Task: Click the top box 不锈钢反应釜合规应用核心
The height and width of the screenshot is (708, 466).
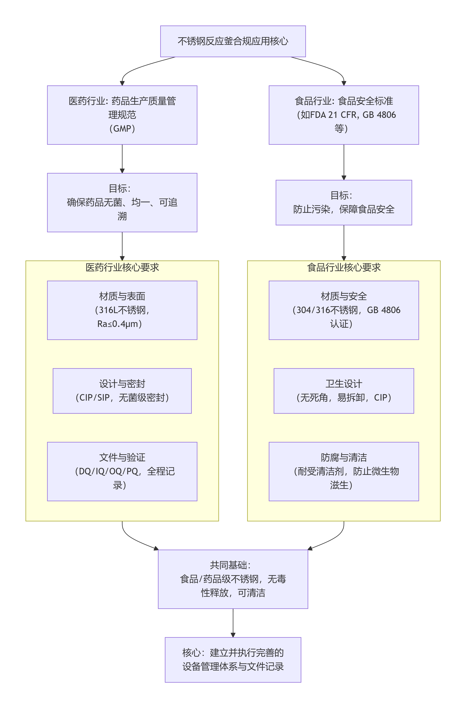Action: tap(233, 41)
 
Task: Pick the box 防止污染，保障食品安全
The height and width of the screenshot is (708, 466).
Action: tap(344, 203)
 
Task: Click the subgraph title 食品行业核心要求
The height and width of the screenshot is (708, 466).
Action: tap(344, 267)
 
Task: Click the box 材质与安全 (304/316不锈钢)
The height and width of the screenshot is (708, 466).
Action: tap(344, 310)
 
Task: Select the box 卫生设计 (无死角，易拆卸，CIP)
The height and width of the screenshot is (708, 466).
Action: tap(344, 391)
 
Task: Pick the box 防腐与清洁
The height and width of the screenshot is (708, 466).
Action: tap(344, 471)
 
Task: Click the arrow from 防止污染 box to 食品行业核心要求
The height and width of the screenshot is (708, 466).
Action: tap(344, 242)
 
